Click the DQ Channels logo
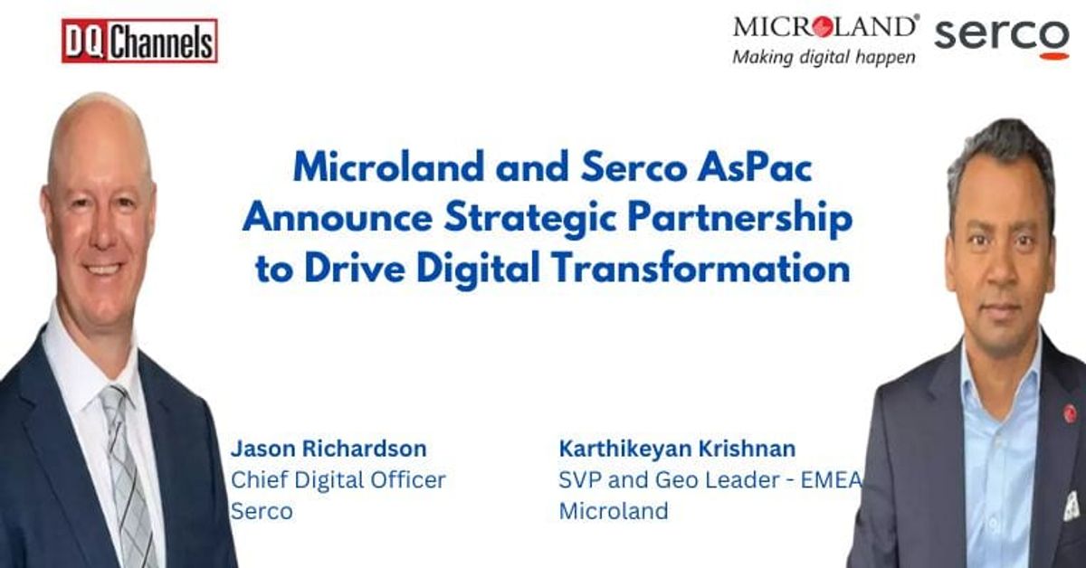coord(139,41)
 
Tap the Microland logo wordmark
coord(825,26)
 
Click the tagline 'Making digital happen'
coord(823,56)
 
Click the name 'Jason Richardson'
coord(328,449)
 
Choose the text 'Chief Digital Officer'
coord(338,479)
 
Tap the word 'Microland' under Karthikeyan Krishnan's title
coord(613,510)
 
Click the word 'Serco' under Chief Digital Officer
coord(262,510)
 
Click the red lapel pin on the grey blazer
coord(1070,413)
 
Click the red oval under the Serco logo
coord(1053,55)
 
